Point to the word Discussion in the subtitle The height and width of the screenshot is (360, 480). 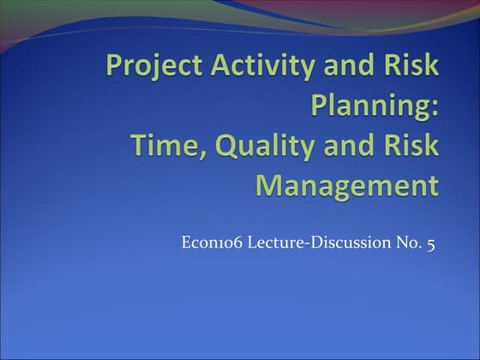click(x=346, y=244)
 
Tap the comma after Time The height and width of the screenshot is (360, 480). click(x=191, y=154)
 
